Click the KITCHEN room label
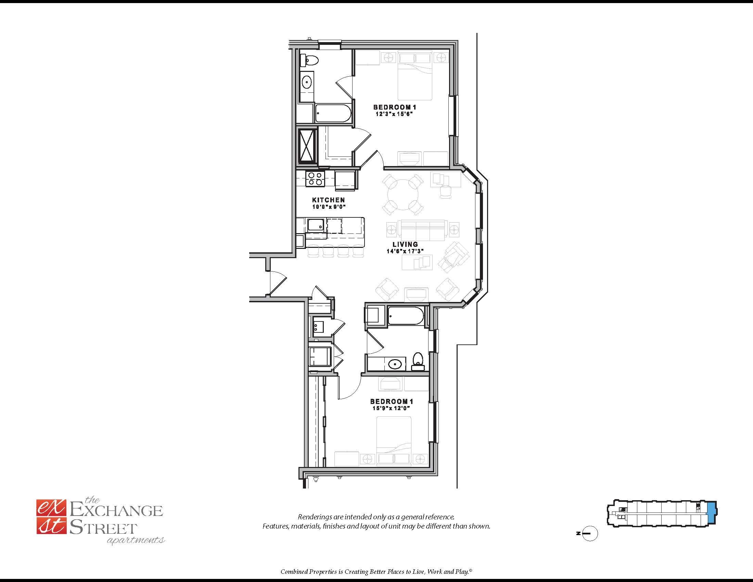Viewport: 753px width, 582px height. [x=328, y=200]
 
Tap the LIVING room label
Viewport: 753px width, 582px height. [x=405, y=244]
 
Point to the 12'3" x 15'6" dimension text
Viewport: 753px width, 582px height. [x=394, y=114]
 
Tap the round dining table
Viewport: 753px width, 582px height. [x=403, y=194]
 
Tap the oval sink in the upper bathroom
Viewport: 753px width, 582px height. [x=307, y=82]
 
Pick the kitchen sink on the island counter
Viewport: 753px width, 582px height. [x=316, y=225]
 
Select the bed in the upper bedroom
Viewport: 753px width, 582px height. [x=415, y=76]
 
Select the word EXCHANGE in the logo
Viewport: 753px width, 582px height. [x=116, y=511]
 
